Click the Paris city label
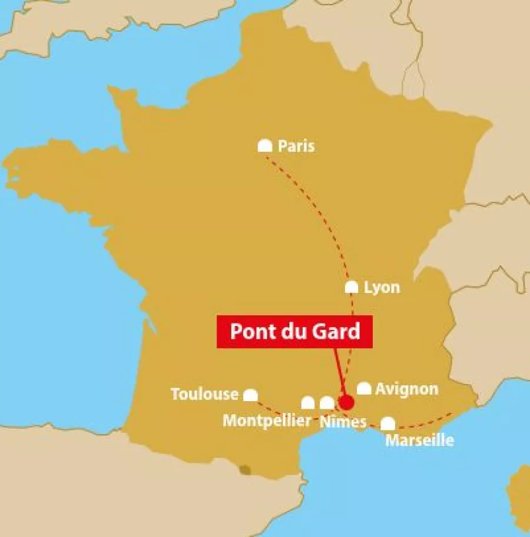pos(296,146)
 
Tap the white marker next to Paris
pos(265,146)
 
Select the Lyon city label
pos(382,287)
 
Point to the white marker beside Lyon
pos(352,287)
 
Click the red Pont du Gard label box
pos(294,331)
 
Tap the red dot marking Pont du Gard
pos(346,402)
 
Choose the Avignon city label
pos(406,389)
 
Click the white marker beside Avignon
pos(364,389)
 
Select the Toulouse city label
pos(204,394)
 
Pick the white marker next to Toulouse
pos(251,395)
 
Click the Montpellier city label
pos(267,421)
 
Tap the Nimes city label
pos(343,421)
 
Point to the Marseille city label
pos(419,440)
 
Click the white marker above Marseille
pos(387,423)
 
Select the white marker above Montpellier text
pos(308,403)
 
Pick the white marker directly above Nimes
pos(327,403)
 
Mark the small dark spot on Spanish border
pos(244,469)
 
